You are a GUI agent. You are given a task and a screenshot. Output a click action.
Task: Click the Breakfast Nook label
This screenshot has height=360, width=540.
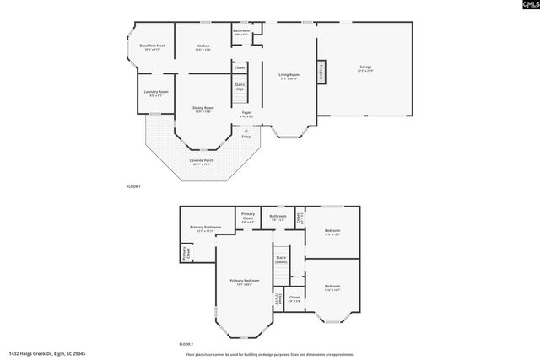pos(153,47)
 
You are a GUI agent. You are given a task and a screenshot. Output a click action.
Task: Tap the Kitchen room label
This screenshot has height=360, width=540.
pos(203,47)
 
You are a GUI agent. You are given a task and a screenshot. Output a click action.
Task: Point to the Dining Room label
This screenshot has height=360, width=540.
pos(202,109)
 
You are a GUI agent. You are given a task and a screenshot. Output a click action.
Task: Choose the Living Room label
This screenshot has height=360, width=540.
pos(289,76)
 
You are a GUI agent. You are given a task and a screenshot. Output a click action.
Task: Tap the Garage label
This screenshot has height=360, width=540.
pos(365,67)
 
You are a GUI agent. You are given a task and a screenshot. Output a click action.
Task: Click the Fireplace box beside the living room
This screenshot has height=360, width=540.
pos(321,73)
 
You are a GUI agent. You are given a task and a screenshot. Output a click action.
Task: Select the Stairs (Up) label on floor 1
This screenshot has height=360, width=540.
pos(240,87)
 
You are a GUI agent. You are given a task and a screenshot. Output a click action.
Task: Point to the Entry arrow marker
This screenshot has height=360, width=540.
pos(246,131)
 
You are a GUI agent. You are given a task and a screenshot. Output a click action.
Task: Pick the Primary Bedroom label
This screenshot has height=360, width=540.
pos(244,282)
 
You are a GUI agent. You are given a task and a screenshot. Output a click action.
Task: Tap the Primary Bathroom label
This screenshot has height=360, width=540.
pos(206,228)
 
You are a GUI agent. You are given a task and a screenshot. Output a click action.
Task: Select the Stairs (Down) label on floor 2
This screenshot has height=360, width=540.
pos(281,260)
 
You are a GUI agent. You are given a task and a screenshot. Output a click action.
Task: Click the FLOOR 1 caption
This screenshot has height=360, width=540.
pos(133,185)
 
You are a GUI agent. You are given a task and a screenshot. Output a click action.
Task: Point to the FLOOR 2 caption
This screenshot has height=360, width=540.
pos(186,344)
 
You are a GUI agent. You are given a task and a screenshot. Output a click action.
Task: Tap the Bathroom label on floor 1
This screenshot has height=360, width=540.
pos(241,32)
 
